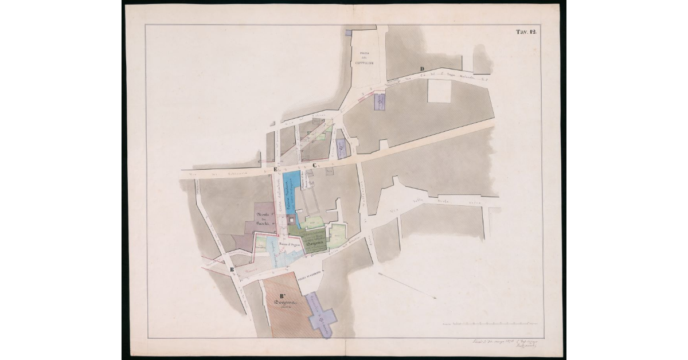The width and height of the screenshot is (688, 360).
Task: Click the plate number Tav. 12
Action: tap(525, 32)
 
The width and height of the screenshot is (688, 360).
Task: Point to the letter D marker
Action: tap(422, 70)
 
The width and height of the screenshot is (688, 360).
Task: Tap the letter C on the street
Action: tap(314, 166)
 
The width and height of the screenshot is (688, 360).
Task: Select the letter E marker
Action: tap(276, 170)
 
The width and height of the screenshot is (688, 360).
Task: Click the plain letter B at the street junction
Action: tap(232, 269)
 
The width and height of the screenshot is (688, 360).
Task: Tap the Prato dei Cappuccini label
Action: tap(363, 60)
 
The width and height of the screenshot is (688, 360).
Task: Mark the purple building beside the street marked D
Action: tap(379, 102)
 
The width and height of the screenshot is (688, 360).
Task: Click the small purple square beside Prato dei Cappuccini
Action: tap(348, 32)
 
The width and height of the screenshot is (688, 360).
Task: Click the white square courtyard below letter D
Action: tap(440, 91)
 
